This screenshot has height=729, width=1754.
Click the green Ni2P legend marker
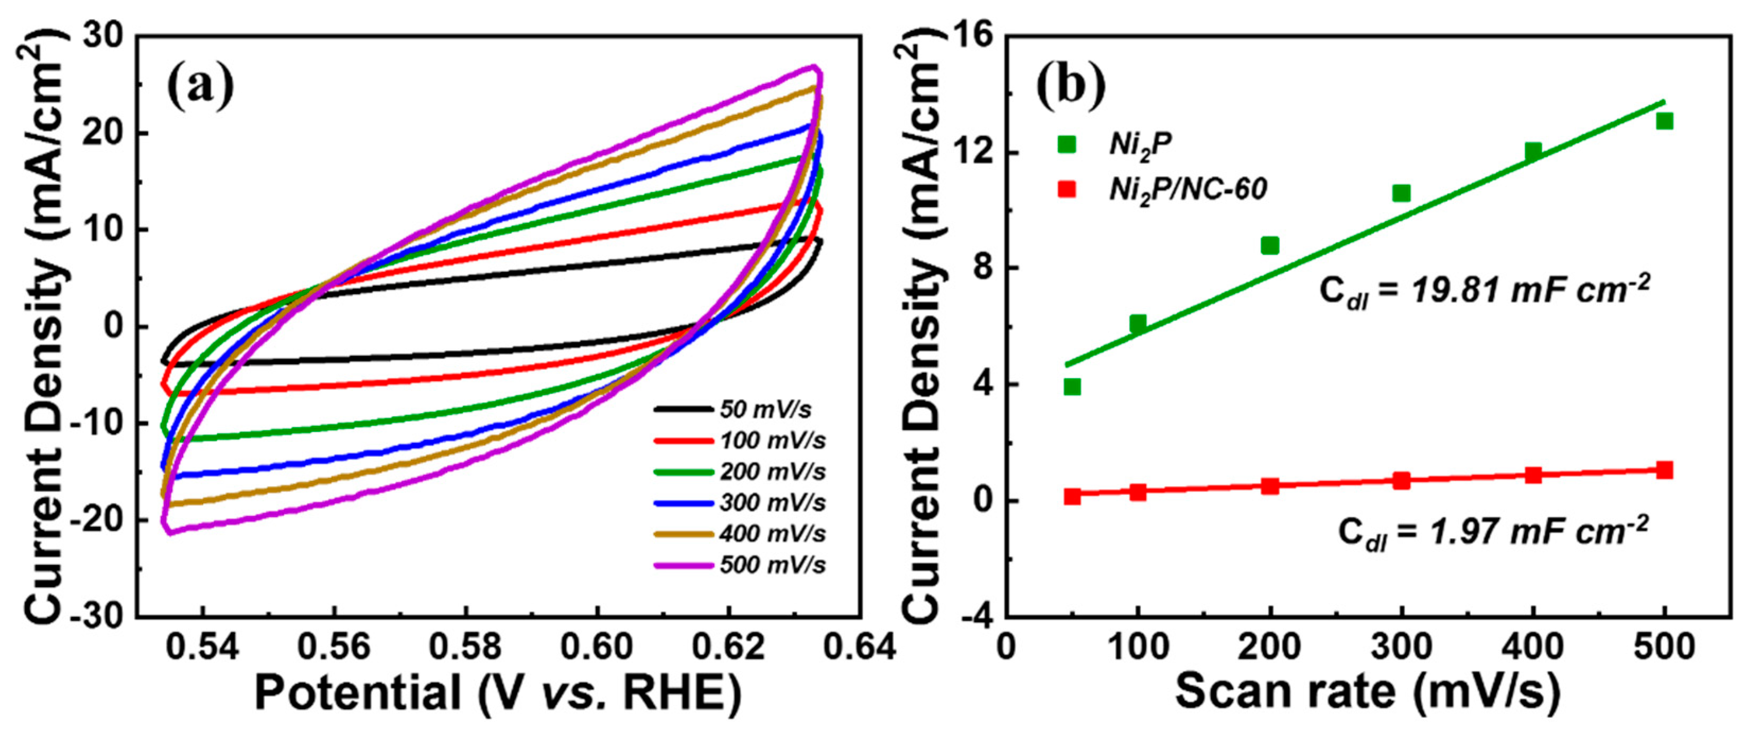point(1066,144)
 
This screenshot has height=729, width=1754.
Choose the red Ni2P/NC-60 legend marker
point(1066,189)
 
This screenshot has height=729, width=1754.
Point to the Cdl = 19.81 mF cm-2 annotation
point(1484,292)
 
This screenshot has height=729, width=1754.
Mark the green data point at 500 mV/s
point(1664,121)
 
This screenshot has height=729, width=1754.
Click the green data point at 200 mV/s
point(1269,245)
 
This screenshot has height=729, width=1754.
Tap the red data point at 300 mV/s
point(1401,480)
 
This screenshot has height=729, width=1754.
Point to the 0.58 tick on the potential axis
point(465,647)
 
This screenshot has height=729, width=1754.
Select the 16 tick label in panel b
point(971,36)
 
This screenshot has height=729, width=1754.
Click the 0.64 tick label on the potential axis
point(860,647)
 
